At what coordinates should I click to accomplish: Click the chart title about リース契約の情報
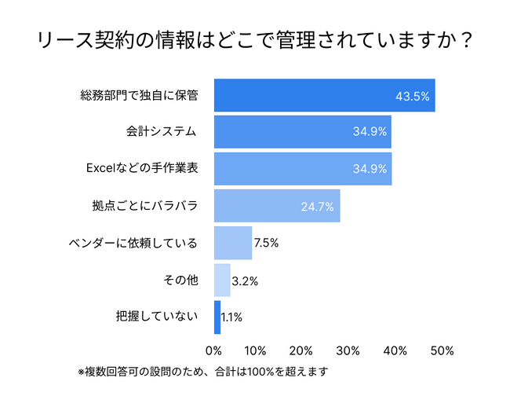tap(254, 41)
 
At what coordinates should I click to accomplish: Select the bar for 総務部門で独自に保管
tap(324, 96)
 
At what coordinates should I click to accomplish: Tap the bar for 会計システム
tap(302, 132)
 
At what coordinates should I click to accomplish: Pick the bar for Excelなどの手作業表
tap(302, 169)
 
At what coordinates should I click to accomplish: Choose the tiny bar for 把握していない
tap(217, 317)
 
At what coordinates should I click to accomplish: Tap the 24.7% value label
tap(318, 207)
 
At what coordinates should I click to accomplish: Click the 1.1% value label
tap(232, 317)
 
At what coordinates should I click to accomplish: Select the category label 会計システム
tap(160, 132)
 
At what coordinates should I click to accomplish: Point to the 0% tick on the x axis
tap(213, 350)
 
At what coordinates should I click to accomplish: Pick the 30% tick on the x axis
tap(348, 350)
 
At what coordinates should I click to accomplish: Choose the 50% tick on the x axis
tap(440, 350)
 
